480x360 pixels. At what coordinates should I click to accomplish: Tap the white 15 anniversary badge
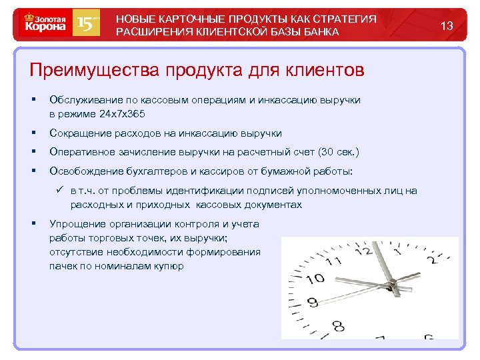(87, 24)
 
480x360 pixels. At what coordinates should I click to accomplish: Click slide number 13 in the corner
(447, 26)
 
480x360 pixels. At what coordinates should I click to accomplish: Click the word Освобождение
(85, 172)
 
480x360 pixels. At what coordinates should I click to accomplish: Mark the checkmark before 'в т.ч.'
(61, 191)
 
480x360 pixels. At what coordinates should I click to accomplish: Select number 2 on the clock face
(437, 259)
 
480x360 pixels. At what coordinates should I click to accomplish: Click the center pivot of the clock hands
(395, 286)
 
